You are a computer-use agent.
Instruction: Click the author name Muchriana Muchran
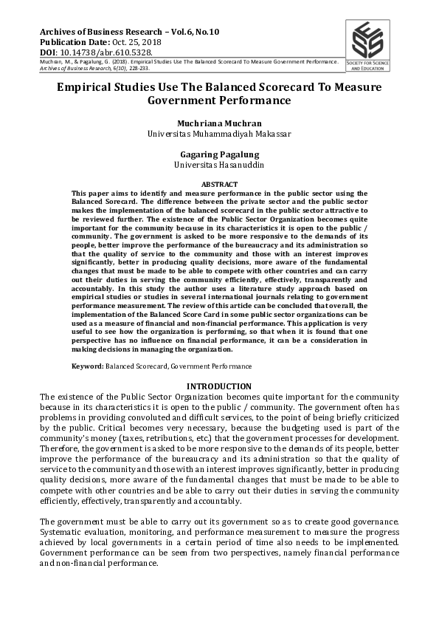tap(219, 123)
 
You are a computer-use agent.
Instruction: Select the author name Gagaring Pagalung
tap(219, 154)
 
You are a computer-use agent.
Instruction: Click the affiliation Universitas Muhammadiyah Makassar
tap(219, 134)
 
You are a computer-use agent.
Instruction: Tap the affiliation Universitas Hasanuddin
tap(219, 165)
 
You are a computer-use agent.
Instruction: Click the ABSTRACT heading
tap(219, 184)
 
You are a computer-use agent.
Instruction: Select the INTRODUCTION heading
tap(219, 386)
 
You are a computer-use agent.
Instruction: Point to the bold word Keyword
tap(86, 366)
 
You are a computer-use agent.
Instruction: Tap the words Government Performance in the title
tap(219, 100)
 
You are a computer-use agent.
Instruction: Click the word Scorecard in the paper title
tap(264, 87)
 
